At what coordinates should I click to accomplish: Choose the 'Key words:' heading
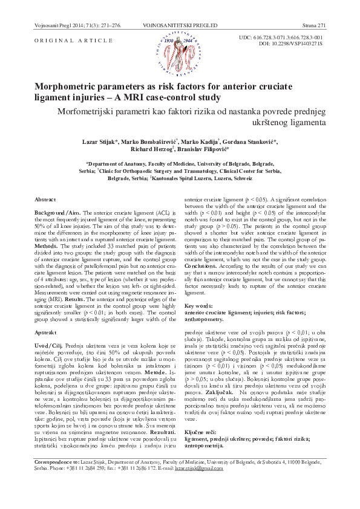click(198, 306)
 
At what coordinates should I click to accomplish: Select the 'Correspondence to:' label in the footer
click(54, 478)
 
